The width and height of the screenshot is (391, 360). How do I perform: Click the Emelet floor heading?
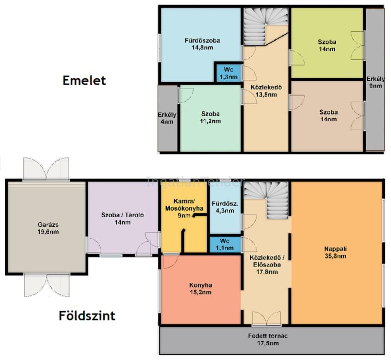click(x=84, y=80)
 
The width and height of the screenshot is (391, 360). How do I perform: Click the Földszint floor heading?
click(x=87, y=315)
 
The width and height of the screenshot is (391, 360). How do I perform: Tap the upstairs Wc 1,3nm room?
click(x=229, y=73)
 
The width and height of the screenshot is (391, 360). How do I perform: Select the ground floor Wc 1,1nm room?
click(x=225, y=245)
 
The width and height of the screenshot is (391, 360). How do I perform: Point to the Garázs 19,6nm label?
click(x=48, y=228)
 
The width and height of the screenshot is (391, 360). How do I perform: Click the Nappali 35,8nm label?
click(x=336, y=252)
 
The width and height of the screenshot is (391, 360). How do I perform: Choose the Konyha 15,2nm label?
click(x=200, y=289)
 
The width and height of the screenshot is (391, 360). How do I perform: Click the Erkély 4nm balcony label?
click(x=167, y=118)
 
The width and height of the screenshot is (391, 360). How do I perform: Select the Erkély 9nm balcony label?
click(x=375, y=82)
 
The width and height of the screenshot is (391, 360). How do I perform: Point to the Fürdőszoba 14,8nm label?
click(x=202, y=44)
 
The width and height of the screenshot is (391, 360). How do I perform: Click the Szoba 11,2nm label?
click(x=211, y=117)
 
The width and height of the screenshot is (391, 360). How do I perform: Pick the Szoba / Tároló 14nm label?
click(x=123, y=219)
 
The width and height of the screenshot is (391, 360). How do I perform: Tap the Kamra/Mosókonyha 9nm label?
click(x=184, y=208)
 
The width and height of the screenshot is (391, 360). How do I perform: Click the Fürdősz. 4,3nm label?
click(x=225, y=207)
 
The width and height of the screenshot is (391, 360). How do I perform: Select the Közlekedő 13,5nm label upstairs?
click(x=266, y=91)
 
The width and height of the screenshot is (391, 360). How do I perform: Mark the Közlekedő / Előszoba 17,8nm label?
click(x=267, y=265)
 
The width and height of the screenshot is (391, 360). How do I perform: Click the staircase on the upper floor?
click(x=266, y=26)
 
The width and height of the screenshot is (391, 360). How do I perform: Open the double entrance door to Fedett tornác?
click(x=266, y=318)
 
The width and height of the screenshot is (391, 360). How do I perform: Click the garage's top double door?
click(x=46, y=169)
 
